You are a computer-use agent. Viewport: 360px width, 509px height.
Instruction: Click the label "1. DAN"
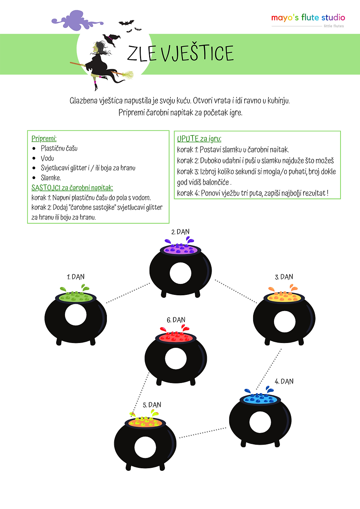click(x=75, y=277)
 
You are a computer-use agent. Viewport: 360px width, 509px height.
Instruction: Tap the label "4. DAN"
click(x=284, y=381)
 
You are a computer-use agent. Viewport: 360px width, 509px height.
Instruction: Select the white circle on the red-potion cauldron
click(x=176, y=358)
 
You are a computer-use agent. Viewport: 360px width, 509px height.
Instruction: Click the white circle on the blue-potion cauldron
click(x=260, y=422)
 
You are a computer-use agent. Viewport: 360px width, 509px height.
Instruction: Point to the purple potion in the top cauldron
click(x=180, y=249)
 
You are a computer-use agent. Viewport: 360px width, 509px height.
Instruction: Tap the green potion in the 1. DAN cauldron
click(x=76, y=297)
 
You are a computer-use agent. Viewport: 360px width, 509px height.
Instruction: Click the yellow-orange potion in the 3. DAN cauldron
click(x=284, y=296)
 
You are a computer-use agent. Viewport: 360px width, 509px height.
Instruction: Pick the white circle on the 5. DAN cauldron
click(x=145, y=447)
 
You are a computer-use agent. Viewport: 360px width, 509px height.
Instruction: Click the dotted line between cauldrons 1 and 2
click(x=128, y=293)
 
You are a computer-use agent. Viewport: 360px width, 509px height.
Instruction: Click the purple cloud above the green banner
click(x=77, y=20)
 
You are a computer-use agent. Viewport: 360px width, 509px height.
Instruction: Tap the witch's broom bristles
click(x=127, y=75)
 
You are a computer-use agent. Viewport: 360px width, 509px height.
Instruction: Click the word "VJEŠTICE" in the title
click(x=197, y=53)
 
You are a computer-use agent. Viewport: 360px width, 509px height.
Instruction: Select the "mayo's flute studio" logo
click(x=308, y=18)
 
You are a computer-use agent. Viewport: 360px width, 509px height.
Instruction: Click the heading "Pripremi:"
click(x=44, y=138)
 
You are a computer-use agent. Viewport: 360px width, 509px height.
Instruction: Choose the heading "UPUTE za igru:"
click(x=199, y=138)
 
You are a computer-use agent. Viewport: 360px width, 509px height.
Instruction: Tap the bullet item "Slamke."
click(x=51, y=177)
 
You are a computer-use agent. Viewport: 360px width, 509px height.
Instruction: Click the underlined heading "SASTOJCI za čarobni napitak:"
click(x=72, y=188)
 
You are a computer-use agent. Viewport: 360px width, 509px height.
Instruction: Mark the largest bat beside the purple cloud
click(x=126, y=22)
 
